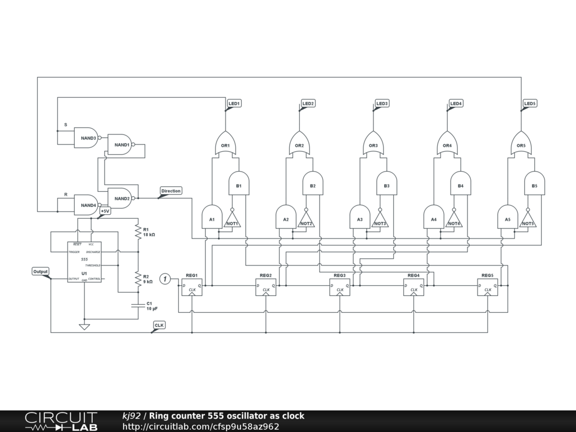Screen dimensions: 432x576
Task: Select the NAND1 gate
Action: point(121,145)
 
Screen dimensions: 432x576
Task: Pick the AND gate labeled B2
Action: point(312,184)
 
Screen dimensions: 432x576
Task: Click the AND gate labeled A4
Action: point(433,218)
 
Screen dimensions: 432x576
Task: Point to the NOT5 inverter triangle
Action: point(528,219)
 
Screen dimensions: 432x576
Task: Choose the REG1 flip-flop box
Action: point(191,287)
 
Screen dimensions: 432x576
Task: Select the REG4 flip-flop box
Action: point(413,287)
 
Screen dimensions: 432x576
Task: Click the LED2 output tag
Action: point(308,103)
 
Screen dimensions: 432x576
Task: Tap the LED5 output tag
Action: point(529,103)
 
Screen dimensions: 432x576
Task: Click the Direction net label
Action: point(171,191)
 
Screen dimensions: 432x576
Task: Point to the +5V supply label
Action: point(105,211)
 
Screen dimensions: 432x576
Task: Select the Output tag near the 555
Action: point(40,272)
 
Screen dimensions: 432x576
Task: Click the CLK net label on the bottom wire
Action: point(159,326)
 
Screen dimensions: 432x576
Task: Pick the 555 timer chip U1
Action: point(84,262)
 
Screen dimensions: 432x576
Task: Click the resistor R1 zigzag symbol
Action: point(137,232)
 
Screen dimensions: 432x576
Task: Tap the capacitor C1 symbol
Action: point(137,306)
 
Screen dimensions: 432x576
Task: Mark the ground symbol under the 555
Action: point(84,326)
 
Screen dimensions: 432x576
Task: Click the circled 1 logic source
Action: point(165,278)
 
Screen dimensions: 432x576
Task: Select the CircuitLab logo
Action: point(61,421)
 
